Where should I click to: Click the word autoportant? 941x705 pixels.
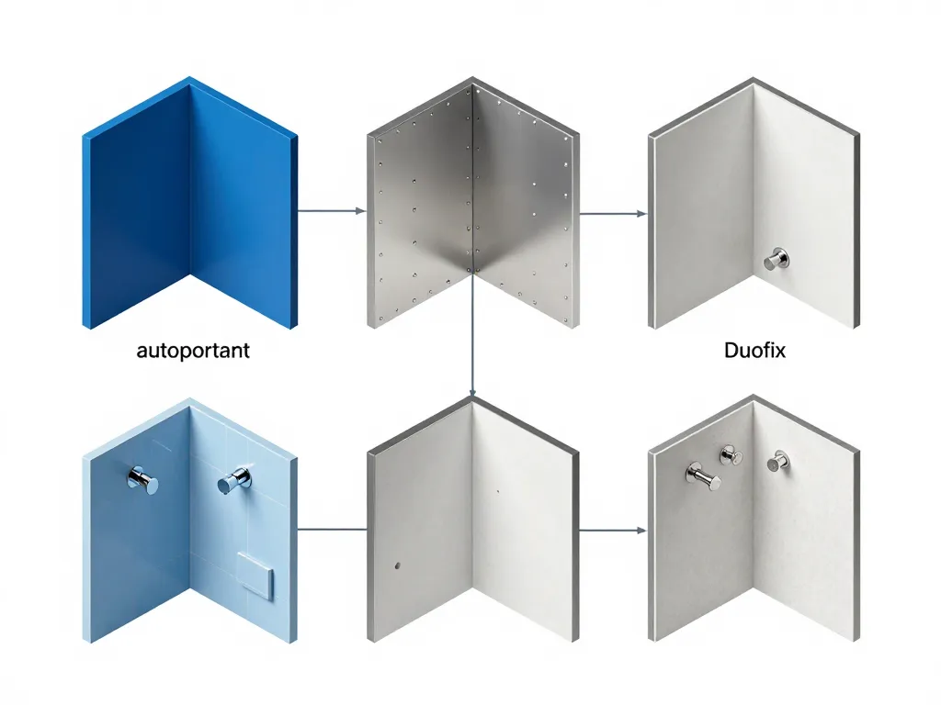[x=193, y=351]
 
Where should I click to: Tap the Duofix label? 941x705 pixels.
[x=754, y=350]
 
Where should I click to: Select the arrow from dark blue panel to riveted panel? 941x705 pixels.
[x=331, y=211]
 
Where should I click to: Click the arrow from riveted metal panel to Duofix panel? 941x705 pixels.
[x=613, y=213]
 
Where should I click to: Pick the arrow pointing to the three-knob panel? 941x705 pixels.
[x=613, y=531]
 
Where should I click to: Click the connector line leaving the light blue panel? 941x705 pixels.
[x=332, y=530]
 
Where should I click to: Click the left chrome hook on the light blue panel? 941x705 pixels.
[x=142, y=480]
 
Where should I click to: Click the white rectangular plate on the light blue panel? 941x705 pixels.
[x=255, y=576]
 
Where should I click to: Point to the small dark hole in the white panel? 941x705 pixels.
[x=397, y=565]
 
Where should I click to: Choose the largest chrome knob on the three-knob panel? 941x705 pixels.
[x=704, y=476]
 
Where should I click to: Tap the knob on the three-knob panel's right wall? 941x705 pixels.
[x=778, y=461]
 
